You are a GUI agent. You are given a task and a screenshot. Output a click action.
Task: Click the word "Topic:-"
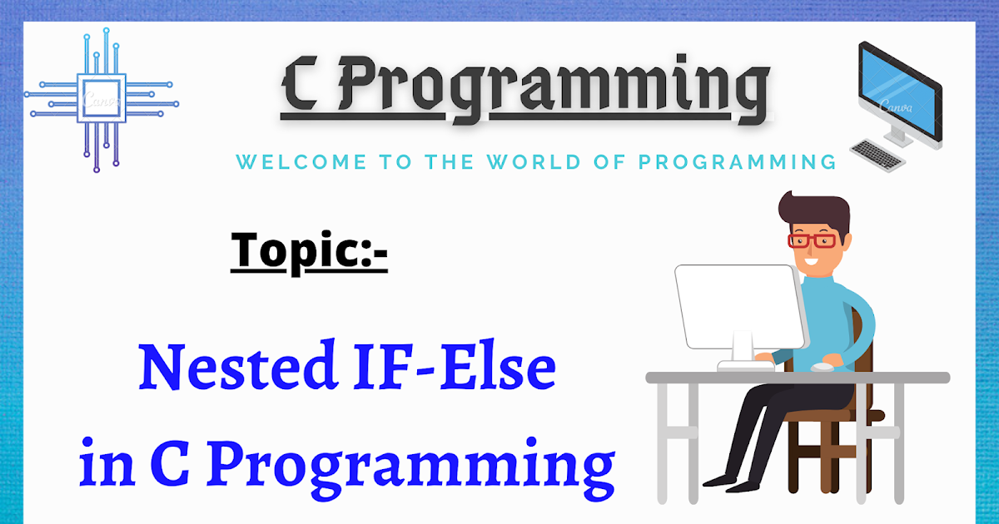tap(309, 253)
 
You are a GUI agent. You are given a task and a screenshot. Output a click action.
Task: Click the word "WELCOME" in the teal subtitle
tap(301, 161)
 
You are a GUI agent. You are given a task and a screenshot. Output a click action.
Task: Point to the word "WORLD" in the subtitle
tap(534, 161)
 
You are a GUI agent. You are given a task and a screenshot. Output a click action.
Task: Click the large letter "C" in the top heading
tap(301, 85)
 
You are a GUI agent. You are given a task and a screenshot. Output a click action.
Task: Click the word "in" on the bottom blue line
tap(107, 462)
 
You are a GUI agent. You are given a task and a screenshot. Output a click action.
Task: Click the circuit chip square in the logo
tap(102, 98)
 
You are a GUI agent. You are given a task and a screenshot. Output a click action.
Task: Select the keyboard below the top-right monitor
tap(877, 155)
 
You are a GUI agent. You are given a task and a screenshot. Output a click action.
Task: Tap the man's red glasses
tap(812, 241)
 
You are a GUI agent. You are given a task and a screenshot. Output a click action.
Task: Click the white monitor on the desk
tap(741, 308)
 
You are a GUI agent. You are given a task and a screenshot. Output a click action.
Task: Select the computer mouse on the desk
tap(823, 367)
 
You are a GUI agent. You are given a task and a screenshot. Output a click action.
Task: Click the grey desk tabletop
tap(798, 378)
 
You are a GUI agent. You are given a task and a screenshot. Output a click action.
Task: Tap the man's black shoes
tap(732, 483)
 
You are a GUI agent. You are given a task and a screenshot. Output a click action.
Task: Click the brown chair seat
tap(834, 416)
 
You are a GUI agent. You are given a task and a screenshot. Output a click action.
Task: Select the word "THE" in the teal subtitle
tap(449, 161)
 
